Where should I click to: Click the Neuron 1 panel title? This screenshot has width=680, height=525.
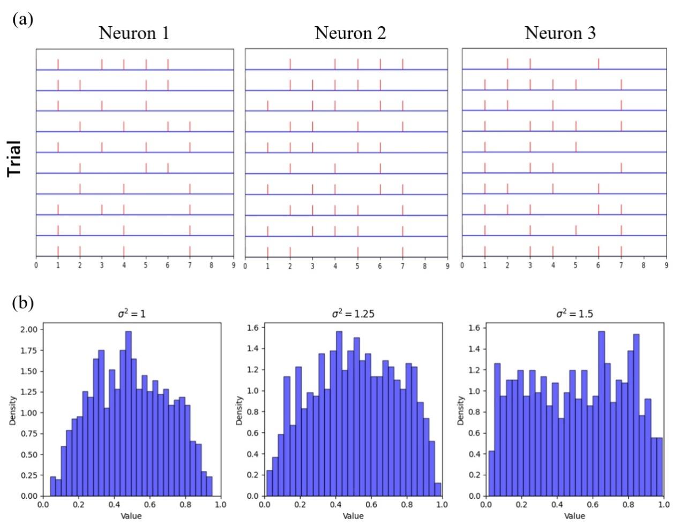pyautogui.click(x=134, y=33)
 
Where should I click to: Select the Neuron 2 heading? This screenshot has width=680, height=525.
pyautogui.click(x=350, y=33)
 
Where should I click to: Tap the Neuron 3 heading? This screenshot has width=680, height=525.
pyautogui.click(x=560, y=33)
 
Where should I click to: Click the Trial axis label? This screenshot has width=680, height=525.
pyautogui.click(x=14, y=158)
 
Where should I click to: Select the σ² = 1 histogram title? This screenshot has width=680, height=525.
pyautogui.click(x=131, y=314)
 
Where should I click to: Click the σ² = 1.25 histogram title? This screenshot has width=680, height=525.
pyautogui.click(x=353, y=314)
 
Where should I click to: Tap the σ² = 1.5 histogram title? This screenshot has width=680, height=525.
pyautogui.click(x=574, y=314)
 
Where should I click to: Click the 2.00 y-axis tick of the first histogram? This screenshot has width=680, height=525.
pyautogui.click(x=28, y=330)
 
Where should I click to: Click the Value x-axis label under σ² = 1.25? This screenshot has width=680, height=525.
pyautogui.click(x=353, y=516)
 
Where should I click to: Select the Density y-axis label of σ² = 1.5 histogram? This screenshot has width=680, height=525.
pyautogui.click(x=461, y=411)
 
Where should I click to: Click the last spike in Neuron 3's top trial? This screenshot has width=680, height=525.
pyautogui.click(x=599, y=64)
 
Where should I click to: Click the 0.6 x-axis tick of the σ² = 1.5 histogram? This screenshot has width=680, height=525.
pyautogui.click(x=592, y=505)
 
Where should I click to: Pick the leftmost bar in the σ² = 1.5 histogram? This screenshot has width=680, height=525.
pyautogui.click(x=491, y=475)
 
